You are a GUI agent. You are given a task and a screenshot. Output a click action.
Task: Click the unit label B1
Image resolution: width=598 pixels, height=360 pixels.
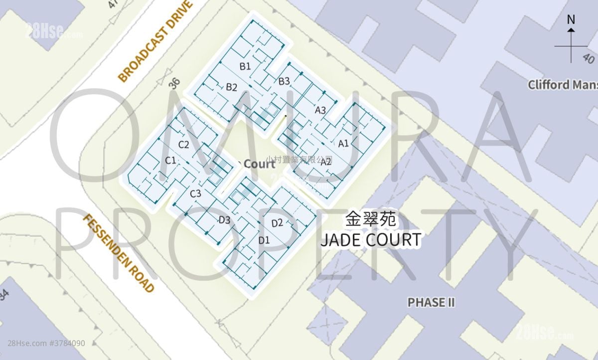(x=245, y=66)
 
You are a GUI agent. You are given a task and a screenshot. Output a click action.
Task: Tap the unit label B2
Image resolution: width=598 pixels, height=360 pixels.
(x=231, y=87)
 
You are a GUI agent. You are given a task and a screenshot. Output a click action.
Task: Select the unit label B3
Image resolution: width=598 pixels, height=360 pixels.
(x=284, y=81)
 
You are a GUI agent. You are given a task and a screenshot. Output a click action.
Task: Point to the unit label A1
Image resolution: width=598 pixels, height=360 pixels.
(x=343, y=144)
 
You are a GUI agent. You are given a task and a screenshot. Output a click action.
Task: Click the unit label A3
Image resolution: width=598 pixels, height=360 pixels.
(x=320, y=110)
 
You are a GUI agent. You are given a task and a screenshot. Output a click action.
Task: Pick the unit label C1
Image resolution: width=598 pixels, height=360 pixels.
(x=170, y=160)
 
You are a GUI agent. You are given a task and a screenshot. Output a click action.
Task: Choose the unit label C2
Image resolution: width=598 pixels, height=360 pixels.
(x=183, y=145)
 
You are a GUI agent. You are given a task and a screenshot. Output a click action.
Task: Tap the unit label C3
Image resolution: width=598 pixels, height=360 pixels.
(x=195, y=193)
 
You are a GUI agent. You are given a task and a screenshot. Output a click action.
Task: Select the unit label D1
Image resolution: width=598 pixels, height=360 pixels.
(x=264, y=240)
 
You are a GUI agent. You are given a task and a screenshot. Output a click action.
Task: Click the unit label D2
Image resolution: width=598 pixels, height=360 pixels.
(x=277, y=223)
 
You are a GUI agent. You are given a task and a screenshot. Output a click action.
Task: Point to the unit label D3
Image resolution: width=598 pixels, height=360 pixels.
(x=224, y=220)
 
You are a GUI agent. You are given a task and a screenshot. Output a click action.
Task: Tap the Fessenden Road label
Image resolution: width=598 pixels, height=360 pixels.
(x=118, y=253)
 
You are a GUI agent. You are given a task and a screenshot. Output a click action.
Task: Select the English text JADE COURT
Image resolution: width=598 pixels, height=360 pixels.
(x=370, y=240)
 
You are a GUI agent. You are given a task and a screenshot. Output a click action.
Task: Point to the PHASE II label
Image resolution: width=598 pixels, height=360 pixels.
(x=431, y=302)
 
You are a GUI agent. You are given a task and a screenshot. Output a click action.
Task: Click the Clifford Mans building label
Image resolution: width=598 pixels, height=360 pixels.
(x=562, y=85)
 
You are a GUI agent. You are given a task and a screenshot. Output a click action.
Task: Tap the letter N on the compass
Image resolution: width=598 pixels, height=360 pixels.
(x=571, y=20)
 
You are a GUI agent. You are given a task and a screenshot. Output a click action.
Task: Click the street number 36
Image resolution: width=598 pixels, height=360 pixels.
(x=174, y=84)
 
